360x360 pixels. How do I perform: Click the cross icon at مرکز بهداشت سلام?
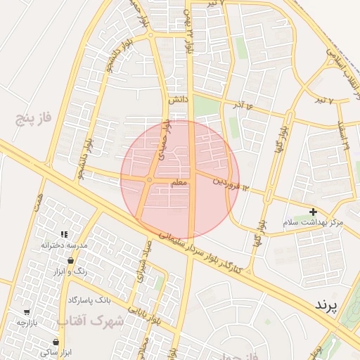[313, 212]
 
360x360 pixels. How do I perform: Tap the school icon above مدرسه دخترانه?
[63, 234]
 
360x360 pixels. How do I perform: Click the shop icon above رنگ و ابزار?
[70, 261]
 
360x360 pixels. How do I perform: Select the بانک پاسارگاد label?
[89, 300]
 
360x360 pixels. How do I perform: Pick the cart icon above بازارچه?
[27, 311]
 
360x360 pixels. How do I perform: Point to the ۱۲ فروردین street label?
[232, 182]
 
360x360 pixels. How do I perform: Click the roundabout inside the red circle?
[149, 181]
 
